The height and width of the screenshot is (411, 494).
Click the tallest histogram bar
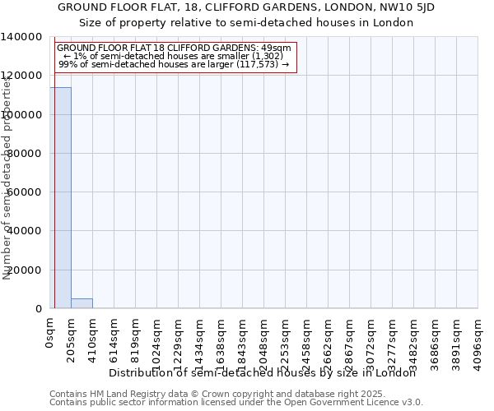coord(60,197)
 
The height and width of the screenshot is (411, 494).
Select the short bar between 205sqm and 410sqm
coord(82,303)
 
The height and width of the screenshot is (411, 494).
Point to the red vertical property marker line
coord(54,181)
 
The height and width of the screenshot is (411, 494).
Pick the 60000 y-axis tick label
coord(25,192)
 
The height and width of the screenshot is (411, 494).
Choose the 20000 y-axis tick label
coord(25,270)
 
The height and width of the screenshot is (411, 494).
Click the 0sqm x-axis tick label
coord(50,334)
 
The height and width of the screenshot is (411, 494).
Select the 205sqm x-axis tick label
coord(72,339)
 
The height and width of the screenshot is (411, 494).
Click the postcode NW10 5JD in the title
coord(406,7)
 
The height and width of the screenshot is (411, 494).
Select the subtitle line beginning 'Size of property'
coord(246,22)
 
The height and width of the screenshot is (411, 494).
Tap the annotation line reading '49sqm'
coord(174,48)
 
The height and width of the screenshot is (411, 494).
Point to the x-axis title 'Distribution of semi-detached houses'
coord(263,372)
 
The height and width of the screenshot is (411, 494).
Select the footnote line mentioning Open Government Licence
coord(236,403)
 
